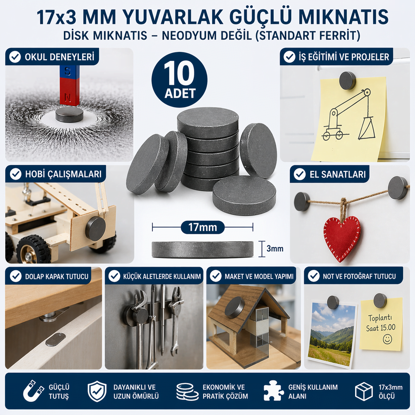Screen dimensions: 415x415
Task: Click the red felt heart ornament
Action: point(342,239)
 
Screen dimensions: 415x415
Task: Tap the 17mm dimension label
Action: point(203,227)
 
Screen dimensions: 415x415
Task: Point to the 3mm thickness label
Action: point(275,249)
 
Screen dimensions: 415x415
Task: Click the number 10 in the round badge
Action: point(179,73)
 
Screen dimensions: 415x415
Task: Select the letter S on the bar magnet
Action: point(68,71)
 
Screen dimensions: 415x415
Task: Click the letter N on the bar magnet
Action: point(68,98)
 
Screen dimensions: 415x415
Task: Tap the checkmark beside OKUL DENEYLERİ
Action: point(15,57)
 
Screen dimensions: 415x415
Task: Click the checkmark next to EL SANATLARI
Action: point(300,174)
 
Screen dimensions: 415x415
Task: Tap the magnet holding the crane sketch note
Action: point(347,80)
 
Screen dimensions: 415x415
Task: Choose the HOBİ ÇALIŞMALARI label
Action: point(63,174)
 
